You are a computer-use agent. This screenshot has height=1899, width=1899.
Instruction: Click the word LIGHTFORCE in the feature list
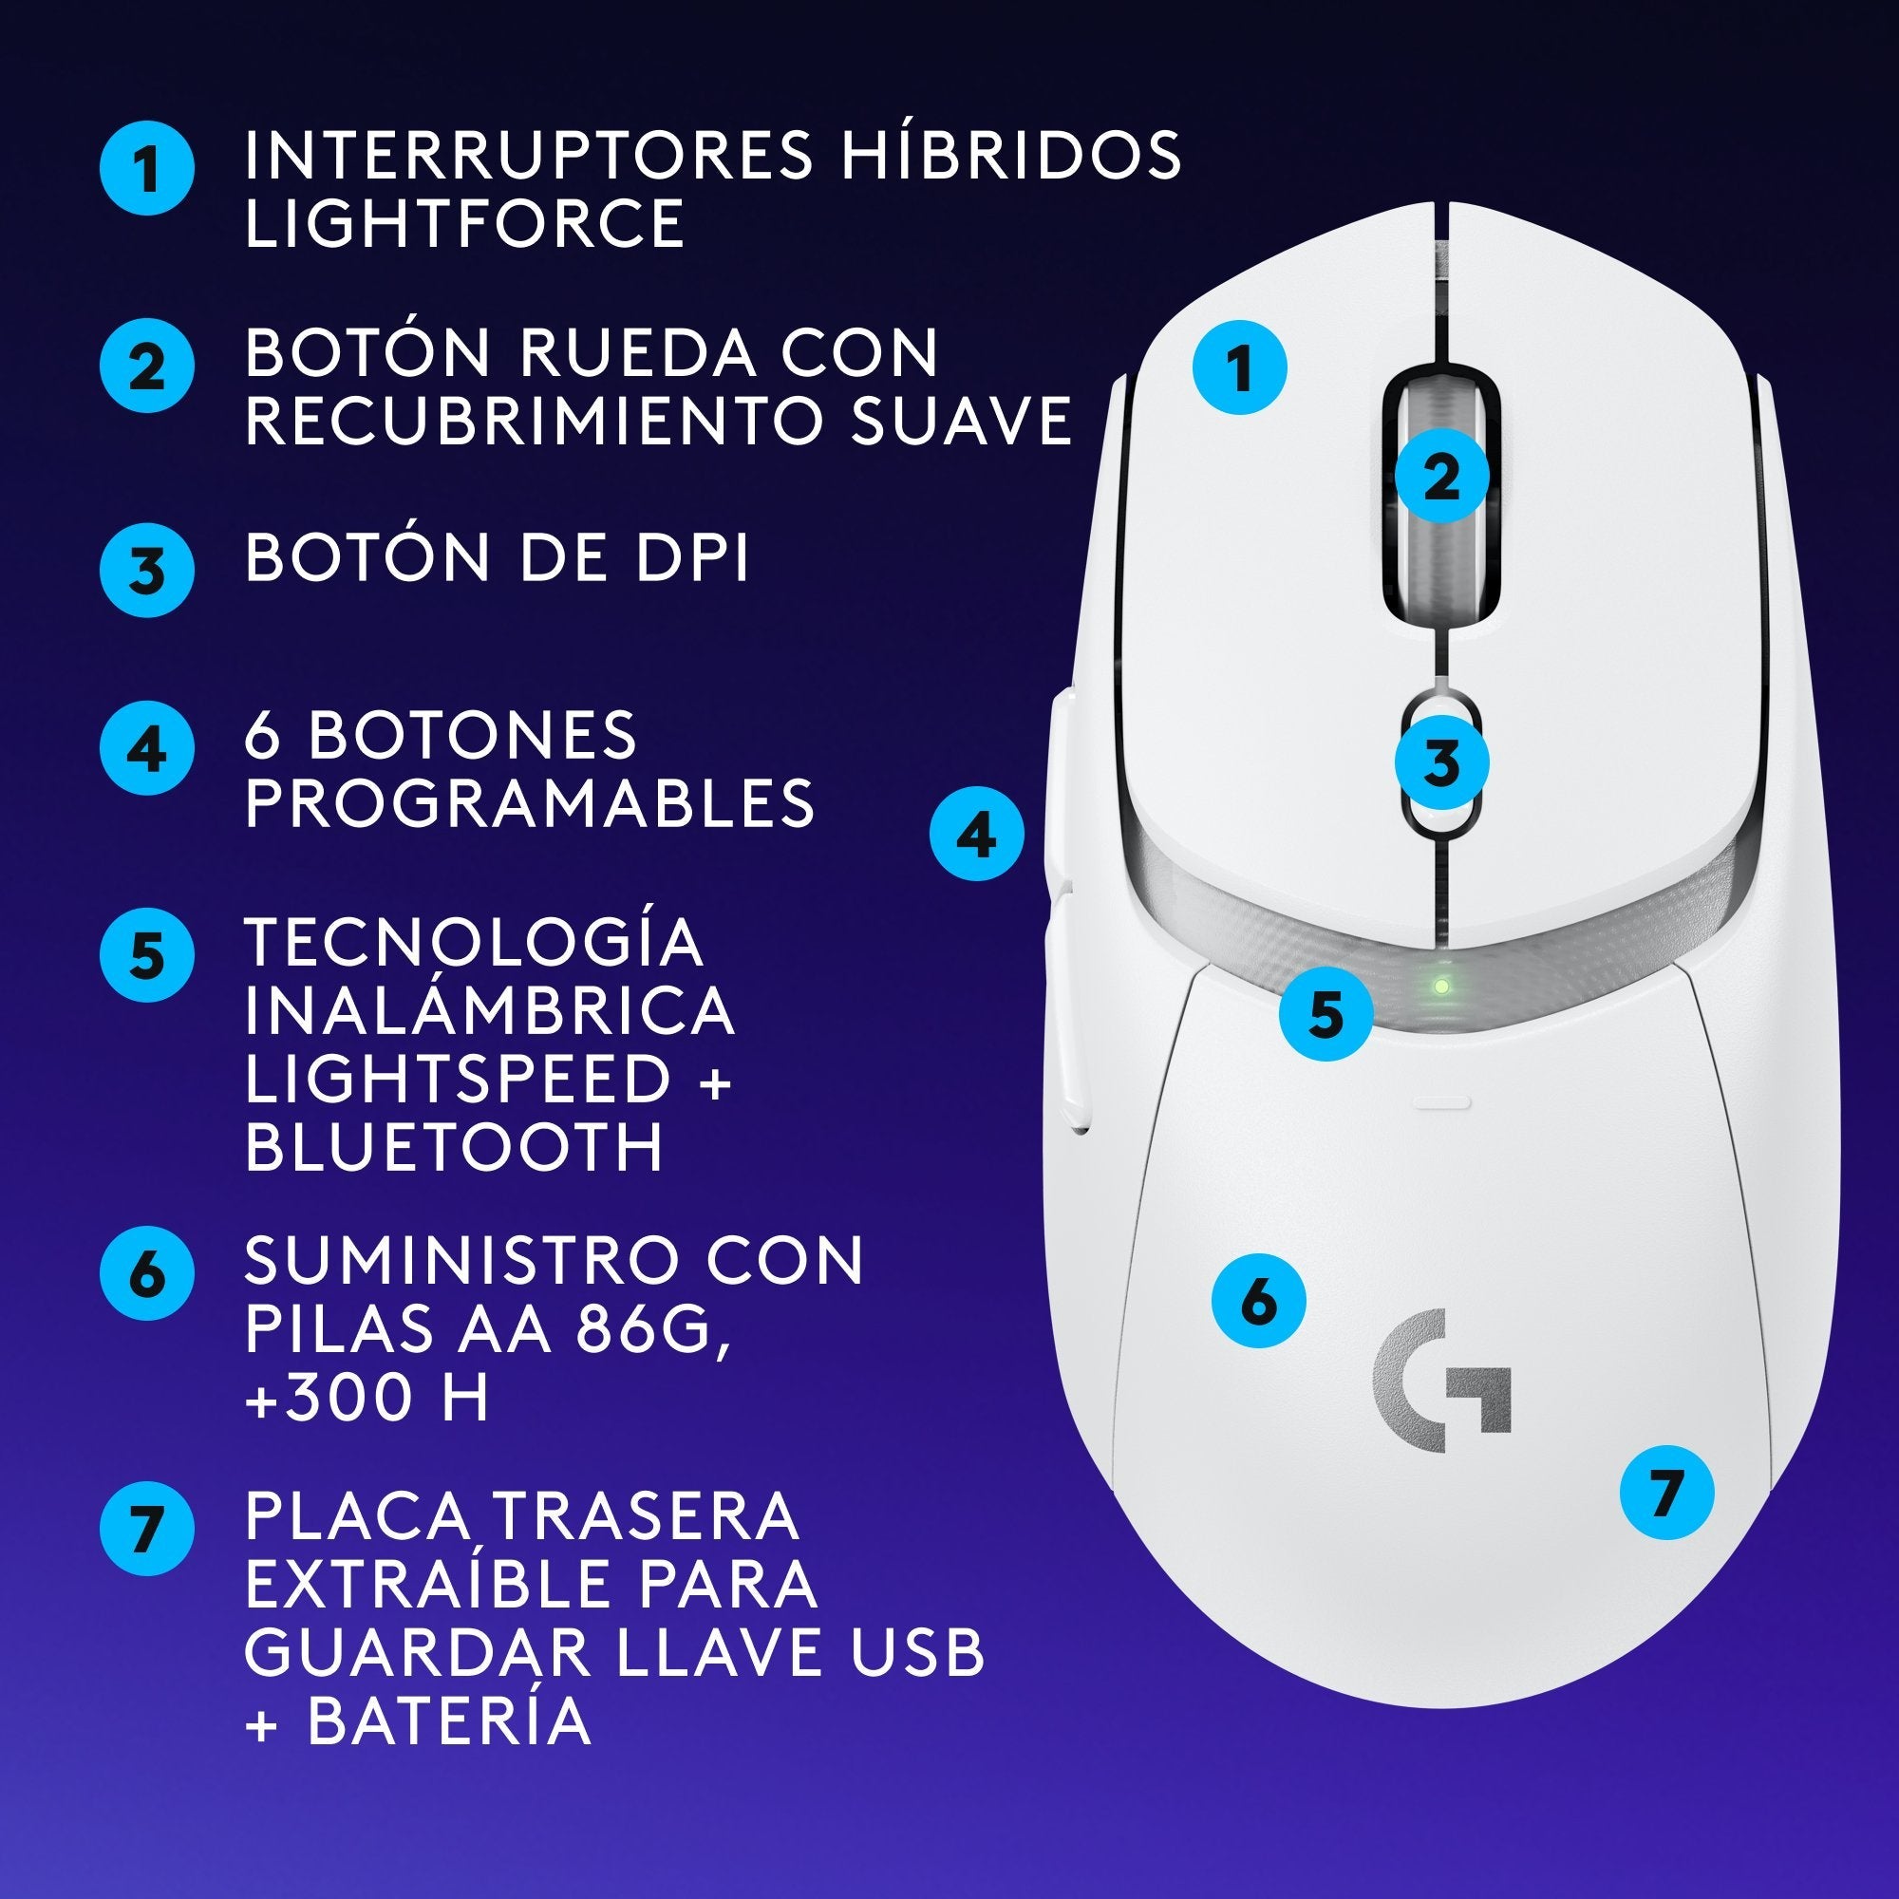(x=464, y=223)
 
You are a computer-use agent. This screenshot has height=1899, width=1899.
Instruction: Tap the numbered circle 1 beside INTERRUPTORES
(x=147, y=168)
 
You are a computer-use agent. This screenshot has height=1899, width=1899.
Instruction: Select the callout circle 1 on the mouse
(x=1239, y=367)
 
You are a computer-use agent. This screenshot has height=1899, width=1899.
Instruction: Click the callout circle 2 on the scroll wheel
(x=1441, y=476)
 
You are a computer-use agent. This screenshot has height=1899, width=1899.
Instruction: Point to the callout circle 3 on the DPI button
(x=1442, y=761)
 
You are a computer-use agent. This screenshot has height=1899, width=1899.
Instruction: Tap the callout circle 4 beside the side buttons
(x=977, y=835)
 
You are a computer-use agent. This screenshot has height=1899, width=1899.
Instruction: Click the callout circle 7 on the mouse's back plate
(x=1666, y=1492)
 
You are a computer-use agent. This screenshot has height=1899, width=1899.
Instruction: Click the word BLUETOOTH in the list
(x=454, y=1146)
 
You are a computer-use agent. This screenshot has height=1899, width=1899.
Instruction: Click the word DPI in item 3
(x=691, y=557)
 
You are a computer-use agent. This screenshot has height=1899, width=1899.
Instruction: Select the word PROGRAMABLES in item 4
(x=530, y=802)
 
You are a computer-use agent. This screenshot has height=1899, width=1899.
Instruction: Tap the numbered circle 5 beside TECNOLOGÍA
(x=147, y=954)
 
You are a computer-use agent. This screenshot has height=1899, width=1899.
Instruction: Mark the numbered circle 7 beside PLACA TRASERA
(x=147, y=1529)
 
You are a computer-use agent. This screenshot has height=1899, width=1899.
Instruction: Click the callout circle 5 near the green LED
(x=1325, y=1012)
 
